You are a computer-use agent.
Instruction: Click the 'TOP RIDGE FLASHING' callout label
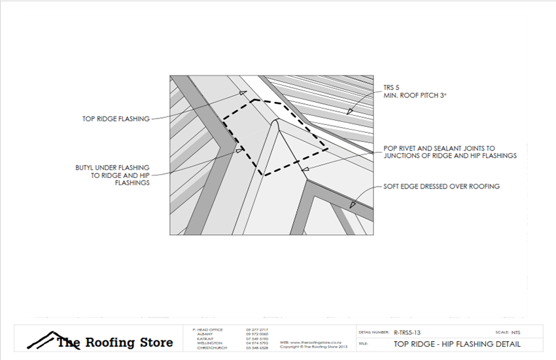(x=116, y=118)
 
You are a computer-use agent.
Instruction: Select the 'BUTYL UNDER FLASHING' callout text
(x=113, y=168)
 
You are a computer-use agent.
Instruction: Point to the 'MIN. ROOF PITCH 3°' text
(x=416, y=96)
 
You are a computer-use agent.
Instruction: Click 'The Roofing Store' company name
(x=115, y=342)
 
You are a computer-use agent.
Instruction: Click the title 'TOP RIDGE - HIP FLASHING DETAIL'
(x=457, y=344)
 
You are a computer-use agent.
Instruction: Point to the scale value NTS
(x=516, y=332)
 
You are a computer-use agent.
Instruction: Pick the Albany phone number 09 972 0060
(x=257, y=334)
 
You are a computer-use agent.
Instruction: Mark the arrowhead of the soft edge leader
(x=353, y=205)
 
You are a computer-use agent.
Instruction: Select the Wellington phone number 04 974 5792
(x=257, y=343)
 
